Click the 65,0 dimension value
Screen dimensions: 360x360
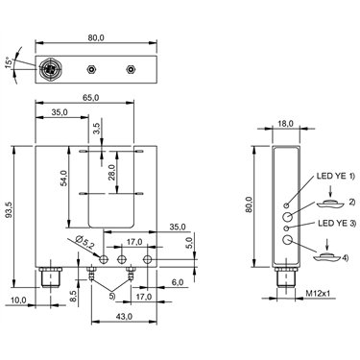click(90, 98)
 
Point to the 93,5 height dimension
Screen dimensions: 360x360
click(10, 210)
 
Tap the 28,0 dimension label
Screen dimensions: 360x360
click(111, 173)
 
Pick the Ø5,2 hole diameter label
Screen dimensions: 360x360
click(84, 242)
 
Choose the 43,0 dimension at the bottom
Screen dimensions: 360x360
click(124, 316)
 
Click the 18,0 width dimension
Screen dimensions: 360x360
click(285, 123)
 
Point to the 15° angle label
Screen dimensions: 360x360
click(10, 62)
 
